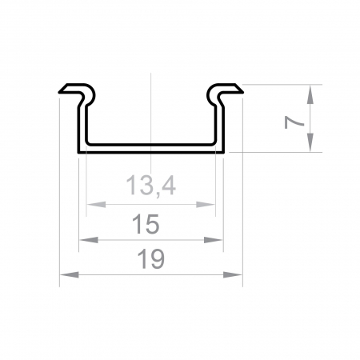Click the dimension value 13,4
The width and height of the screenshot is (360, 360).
click(x=150, y=186)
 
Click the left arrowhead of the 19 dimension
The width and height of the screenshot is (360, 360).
click(x=66, y=275)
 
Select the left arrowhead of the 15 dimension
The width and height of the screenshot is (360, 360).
click(x=85, y=239)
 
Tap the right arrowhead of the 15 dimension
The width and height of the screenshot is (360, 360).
click(x=216, y=239)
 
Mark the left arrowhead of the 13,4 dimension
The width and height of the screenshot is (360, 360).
click(x=91, y=205)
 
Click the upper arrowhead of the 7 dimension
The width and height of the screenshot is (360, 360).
click(x=310, y=90)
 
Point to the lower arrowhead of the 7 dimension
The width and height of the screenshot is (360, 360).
click(x=310, y=145)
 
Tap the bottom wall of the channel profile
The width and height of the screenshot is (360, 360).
click(x=150, y=149)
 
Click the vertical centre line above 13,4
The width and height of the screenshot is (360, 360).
click(x=150, y=112)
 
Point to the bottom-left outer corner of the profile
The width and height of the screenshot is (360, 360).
click(x=78, y=151)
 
